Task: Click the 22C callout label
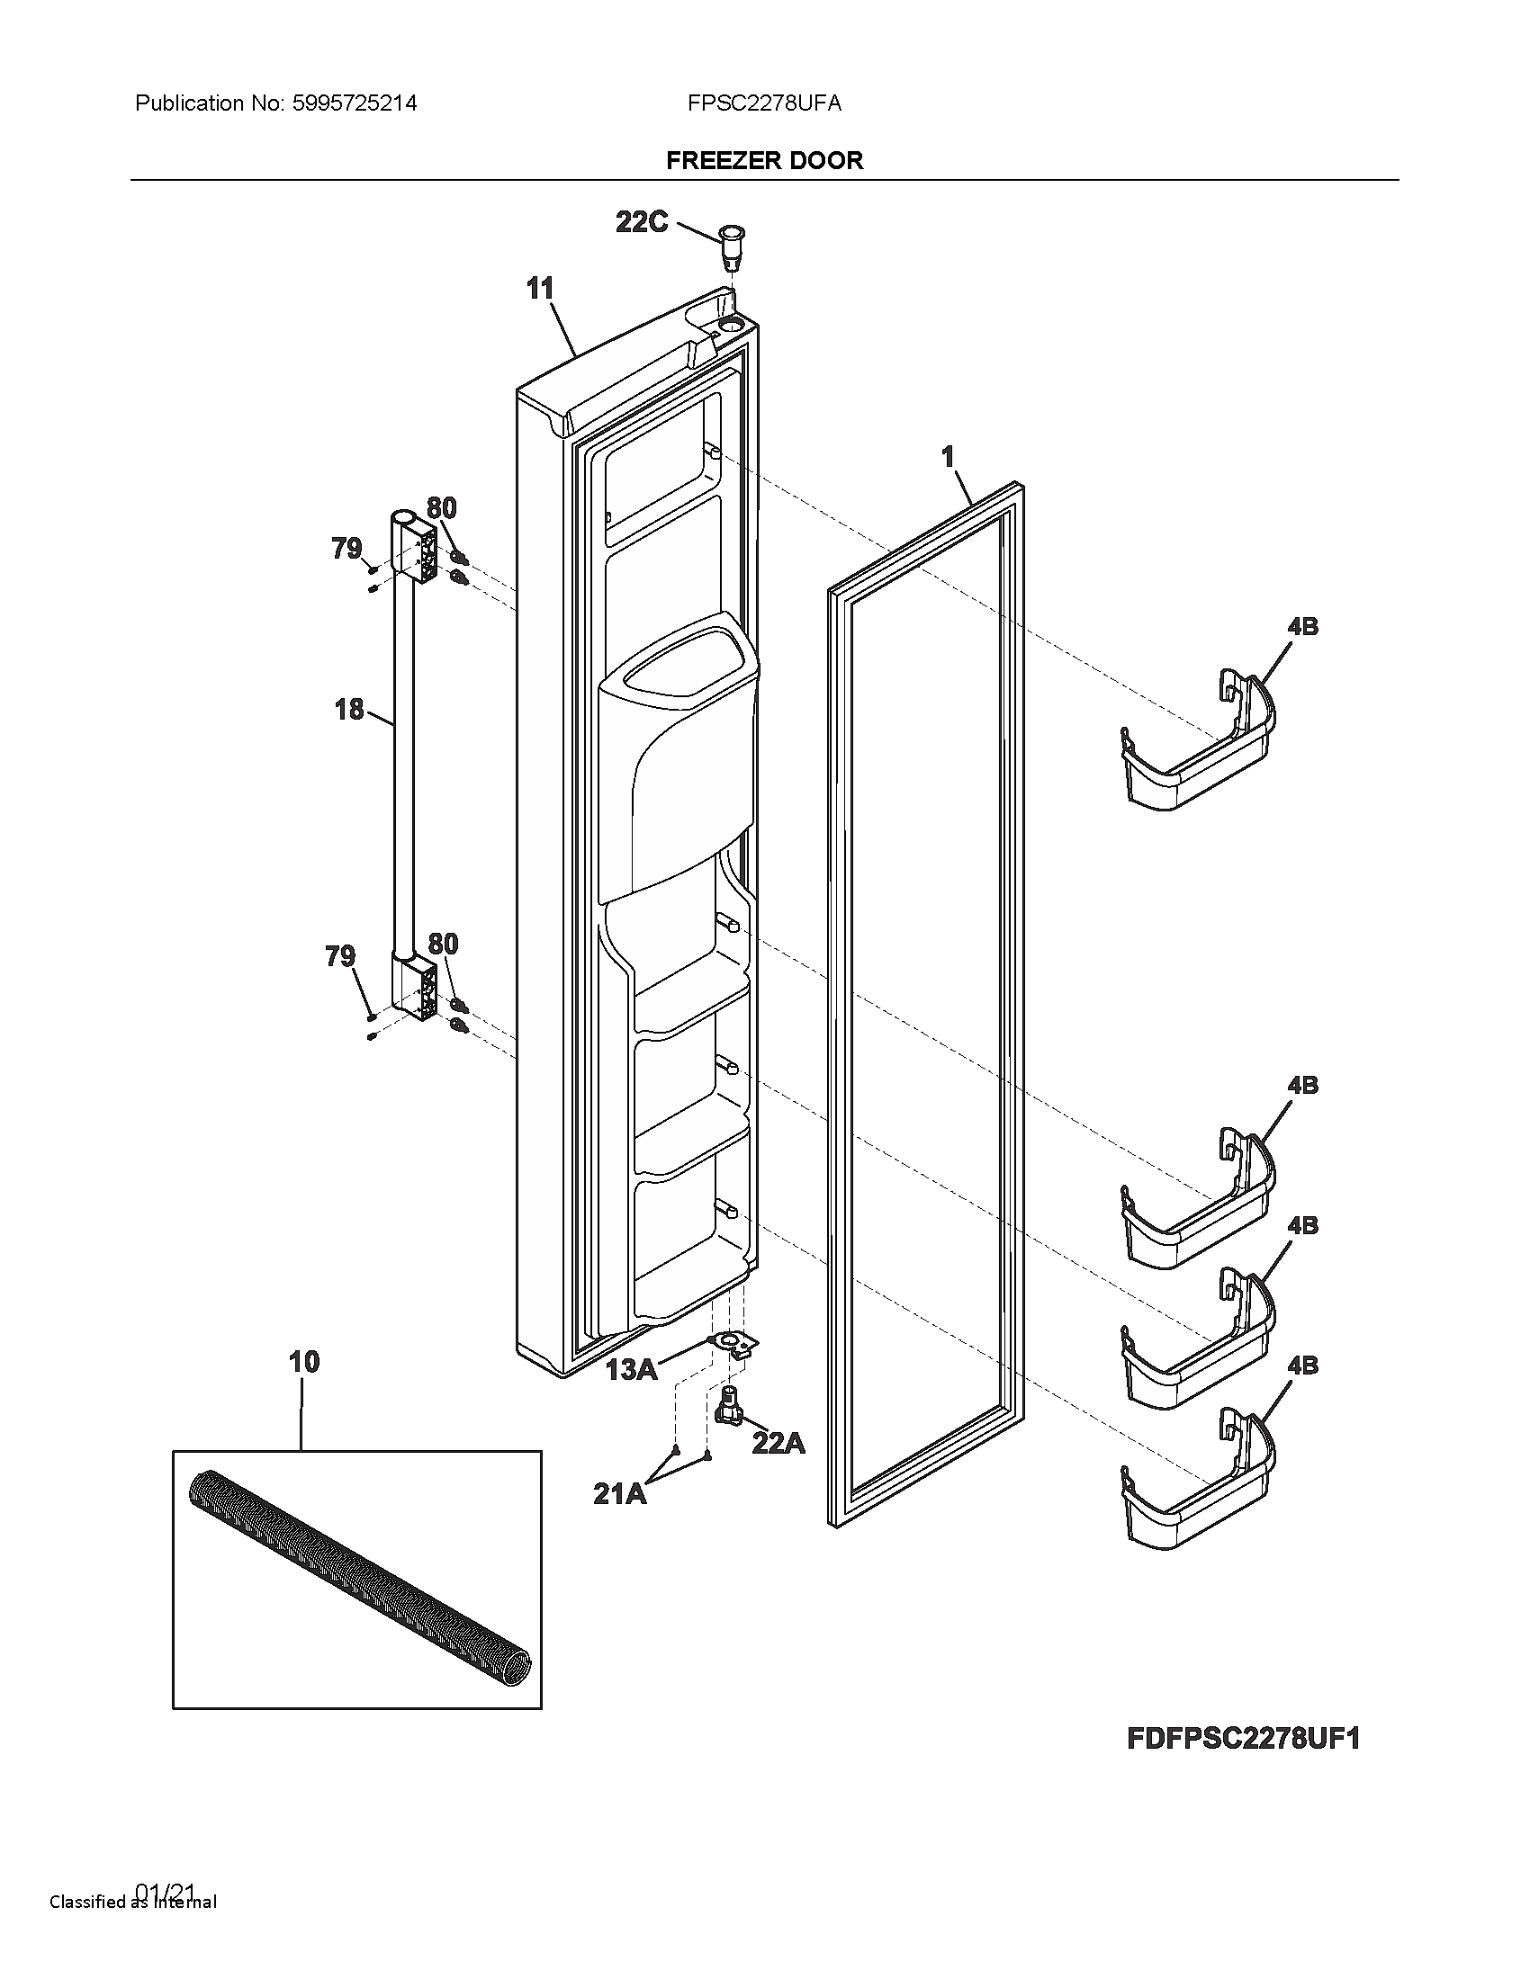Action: click(641, 222)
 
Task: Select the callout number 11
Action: click(540, 289)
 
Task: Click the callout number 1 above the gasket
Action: click(948, 458)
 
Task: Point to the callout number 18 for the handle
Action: click(349, 710)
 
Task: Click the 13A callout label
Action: click(631, 1369)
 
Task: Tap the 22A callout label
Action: click(778, 1443)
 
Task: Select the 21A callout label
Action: click(620, 1494)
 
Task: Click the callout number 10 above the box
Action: click(304, 1362)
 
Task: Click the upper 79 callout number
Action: click(346, 548)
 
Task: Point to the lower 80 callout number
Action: click(442, 945)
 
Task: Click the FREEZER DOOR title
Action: click(764, 160)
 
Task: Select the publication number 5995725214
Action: click(355, 103)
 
